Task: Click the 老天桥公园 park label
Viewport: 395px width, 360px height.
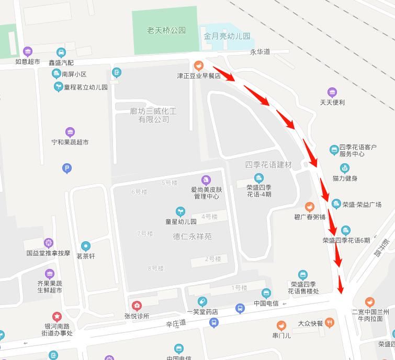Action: point(166,30)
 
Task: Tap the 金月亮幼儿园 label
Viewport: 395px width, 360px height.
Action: point(227,37)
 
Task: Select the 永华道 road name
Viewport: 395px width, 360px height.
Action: point(259,52)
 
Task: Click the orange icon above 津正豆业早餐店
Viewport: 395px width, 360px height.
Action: point(198,66)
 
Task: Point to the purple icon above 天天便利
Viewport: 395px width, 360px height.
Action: point(332,93)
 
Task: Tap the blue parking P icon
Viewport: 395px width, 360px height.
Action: point(66,168)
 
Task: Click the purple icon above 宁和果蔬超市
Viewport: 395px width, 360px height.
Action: point(70,132)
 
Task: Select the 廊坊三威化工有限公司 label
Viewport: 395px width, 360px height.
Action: point(153,116)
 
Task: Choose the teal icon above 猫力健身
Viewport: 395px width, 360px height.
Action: point(344,168)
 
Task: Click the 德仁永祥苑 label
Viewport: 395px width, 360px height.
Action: point(192,237)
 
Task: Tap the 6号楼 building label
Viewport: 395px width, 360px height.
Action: point(140,192)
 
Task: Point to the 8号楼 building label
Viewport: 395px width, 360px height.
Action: point(156,268)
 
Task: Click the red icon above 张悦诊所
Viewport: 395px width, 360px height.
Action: point(137,306)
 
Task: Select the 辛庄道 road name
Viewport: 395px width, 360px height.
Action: point(176,324)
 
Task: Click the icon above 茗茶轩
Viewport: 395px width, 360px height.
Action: point(86,246)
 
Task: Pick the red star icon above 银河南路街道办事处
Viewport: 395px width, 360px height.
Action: point(57,317)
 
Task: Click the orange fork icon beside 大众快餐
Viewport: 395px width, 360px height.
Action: point(329,323)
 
